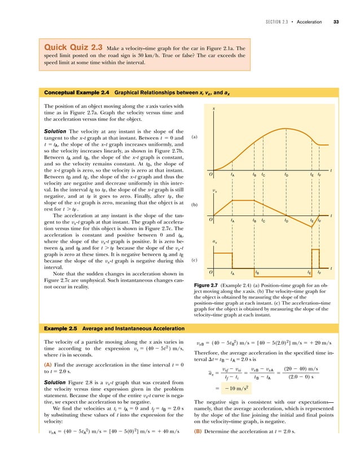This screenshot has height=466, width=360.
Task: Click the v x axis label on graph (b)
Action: coord(215,191)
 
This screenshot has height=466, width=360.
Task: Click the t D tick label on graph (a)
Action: coord(286,175)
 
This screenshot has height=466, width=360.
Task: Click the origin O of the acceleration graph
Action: coord(210,272)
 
